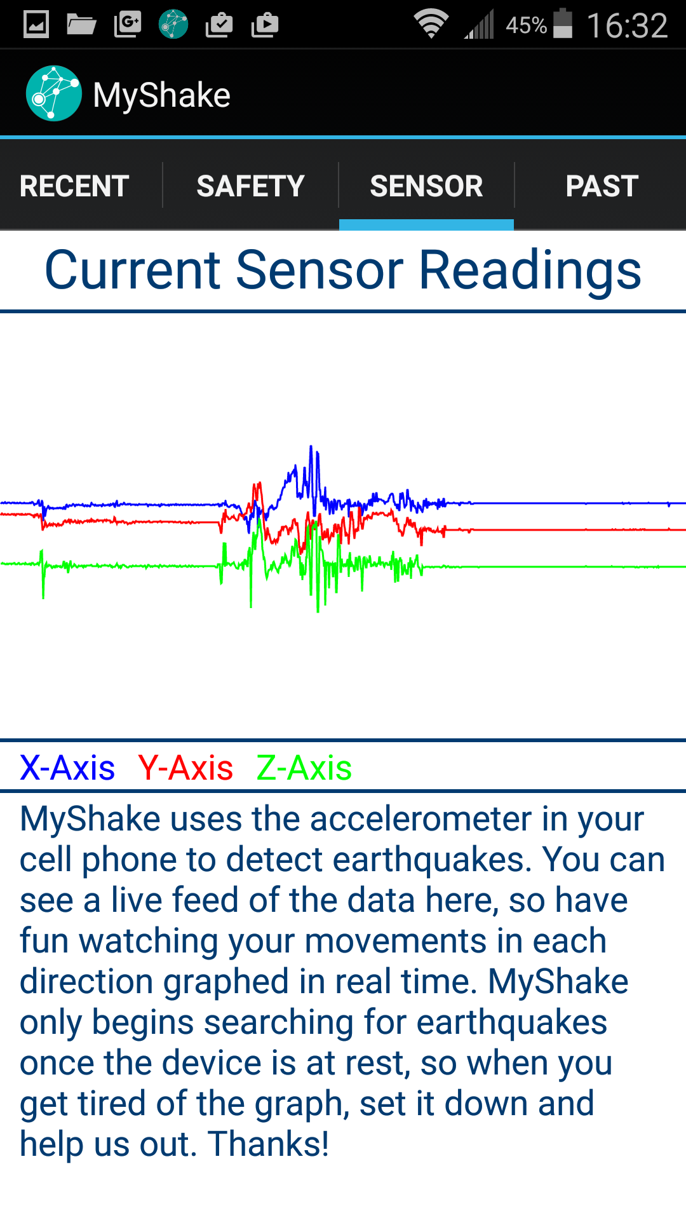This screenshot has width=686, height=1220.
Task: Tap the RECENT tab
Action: pyautogui.click(x=74, y=186)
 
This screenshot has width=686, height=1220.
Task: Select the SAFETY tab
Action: pyautogui.click(x=250, y=186)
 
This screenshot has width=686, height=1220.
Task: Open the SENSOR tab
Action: pyautogui.click(x=426, y=186)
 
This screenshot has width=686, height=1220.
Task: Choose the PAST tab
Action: pyautogui.click(x=602, y=186)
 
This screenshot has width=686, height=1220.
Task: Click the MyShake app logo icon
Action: pyautogui.click(x=54, y=93)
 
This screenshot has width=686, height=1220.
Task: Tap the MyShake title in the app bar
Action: pyautogui.click(x=161, y=95)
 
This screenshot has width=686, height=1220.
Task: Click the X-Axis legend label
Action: pyautogui.click(x=67, y=768)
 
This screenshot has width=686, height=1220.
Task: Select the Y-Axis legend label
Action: pyautogui.click(x=185, y=768)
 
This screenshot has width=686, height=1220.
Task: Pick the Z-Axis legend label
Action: pyautogui.click(x=304, y=768)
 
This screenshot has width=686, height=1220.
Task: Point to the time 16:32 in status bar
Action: pyautogui.click(x=627, y=26)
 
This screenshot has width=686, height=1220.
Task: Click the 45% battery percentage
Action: pyautogui.click(x=526, y=25)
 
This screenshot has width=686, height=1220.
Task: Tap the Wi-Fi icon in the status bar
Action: pyautogui.click(x=431, y=25)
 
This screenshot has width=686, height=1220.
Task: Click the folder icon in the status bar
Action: pyautogui.click(x=81, y=25)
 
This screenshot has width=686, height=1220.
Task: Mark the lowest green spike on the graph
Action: pyautogui.click(x=318, y=610)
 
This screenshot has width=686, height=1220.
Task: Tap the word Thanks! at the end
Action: pyautogui.click(x=268, y=1144)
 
